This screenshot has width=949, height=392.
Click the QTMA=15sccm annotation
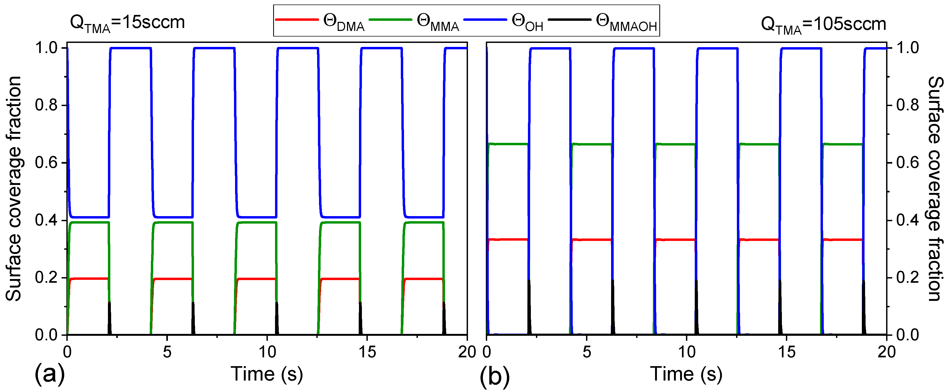click(127, 23)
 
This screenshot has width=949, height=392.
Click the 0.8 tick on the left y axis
click(46, 105)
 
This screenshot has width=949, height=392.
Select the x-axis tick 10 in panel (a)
click(267, 353)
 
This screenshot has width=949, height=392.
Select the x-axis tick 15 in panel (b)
click(786, 353)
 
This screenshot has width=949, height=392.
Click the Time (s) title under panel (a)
click(267, 374)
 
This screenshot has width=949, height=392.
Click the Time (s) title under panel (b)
click(686, 374)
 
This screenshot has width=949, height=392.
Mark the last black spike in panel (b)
click(863, 308)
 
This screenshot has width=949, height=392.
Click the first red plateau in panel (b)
click(508, 240)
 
